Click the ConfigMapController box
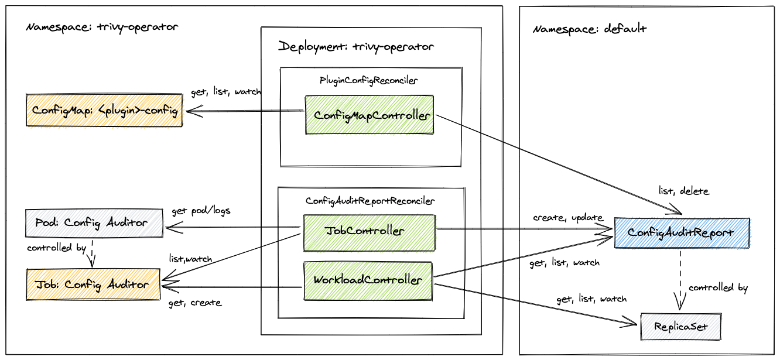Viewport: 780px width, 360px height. coord(370,115)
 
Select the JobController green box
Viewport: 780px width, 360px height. coord(370,231)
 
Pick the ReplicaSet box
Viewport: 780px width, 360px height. coord(680,327)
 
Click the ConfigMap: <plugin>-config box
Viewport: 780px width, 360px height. coord(104,109)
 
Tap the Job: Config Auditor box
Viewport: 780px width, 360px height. coord(93,284)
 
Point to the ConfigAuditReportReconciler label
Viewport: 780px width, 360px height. coord(370,201)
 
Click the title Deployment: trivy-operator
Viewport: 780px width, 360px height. coord(356,46)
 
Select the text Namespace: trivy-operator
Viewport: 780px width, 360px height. coord(102,27)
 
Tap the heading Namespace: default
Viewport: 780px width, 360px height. coord(590,29)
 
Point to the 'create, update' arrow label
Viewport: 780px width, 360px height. coord(567,218)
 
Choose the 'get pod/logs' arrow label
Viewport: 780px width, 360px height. coord(201,211)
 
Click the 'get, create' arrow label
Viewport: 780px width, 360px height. coord(194,303)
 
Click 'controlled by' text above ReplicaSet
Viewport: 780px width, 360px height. coord(718,288)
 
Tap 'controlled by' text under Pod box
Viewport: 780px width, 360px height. coord(56,248)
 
